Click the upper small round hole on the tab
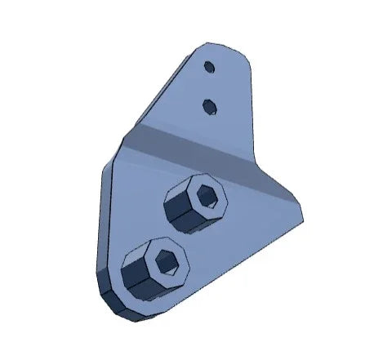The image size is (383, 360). coord(209,66)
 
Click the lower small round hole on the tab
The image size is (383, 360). coord(210,104)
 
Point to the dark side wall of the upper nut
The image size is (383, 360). coord(181,219)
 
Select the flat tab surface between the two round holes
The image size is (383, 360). coord(210,86)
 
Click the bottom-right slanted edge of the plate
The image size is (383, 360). coord(245,261)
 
